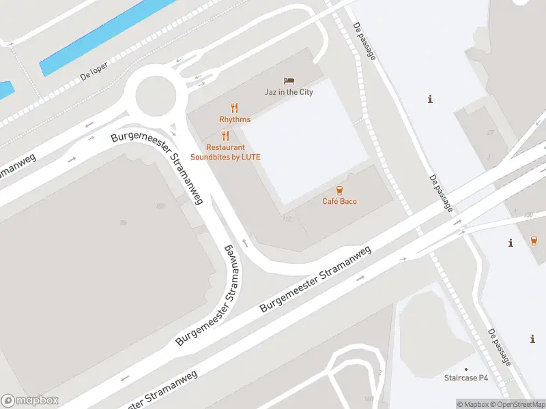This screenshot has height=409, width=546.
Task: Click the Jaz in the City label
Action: [x=289, y=92]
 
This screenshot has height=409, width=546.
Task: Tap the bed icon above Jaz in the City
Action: [x=289, y=81]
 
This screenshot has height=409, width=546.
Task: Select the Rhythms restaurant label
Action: [x=235, y=119]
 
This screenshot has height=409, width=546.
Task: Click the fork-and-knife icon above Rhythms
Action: [x=235, y=108]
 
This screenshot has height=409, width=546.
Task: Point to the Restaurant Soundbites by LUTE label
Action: [x=225, y=152]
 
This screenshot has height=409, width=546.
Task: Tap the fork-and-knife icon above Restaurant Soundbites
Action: [x=225, y=135]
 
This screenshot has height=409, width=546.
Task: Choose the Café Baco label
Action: [x=339, y=201]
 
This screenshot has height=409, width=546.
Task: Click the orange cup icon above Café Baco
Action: [x=339, y=190]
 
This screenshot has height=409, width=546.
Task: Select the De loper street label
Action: [x=94, y=73]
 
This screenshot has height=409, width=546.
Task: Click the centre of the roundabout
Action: [x=156, y=95]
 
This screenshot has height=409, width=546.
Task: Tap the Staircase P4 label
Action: [x=467, y=377]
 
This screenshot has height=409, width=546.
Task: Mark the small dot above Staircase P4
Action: [x=467, y=367]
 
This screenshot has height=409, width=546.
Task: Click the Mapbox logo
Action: [x=30, y=401]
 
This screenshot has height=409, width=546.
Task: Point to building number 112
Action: [x=287, y=219]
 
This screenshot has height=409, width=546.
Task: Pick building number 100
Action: [x=160, y=206]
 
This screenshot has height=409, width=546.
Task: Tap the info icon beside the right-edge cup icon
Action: [x=511, y=243]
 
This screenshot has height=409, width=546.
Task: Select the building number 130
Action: [x=528, y=215]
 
